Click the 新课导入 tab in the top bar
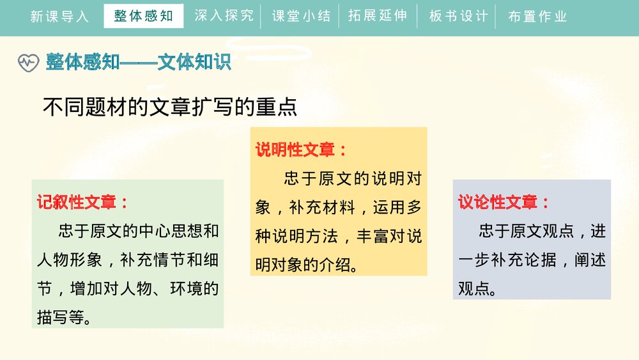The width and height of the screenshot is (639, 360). [x=59, y=17]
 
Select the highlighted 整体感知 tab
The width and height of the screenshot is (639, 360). [x=143, y=16]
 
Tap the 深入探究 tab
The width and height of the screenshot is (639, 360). [x=224, y=16]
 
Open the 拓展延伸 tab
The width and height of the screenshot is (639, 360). [x=378, y=16]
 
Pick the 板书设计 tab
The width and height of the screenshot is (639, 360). [x=458, y=17]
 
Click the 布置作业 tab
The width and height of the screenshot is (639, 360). [x=537, y=17]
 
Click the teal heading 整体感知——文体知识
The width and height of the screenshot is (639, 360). [x=138, y=63]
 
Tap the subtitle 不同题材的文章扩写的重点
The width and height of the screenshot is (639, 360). [x=170, y=107]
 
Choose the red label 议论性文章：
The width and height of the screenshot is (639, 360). [x=504, y=203]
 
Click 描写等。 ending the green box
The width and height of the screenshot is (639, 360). [x=64, y=317]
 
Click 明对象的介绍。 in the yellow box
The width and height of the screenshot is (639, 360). [x=307, y=265]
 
